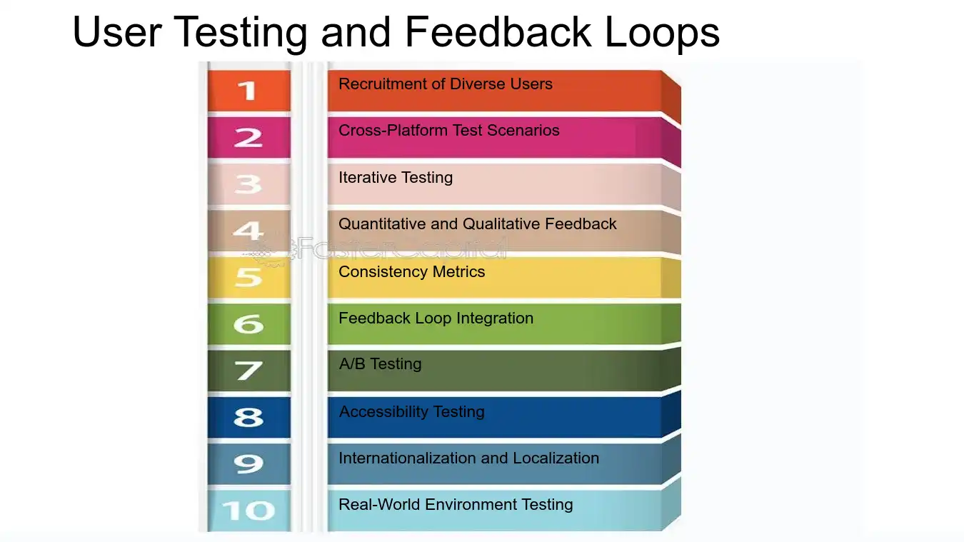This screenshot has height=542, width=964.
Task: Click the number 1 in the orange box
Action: coord(247,91)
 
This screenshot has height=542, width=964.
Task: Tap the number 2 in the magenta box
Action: coord(248,137)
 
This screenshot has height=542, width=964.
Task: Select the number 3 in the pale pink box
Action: coord(248,184)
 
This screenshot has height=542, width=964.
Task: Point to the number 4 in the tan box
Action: coord(248,231)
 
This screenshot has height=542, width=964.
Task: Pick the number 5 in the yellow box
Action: coord(248,277)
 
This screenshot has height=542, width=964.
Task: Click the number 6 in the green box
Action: coord(248,324)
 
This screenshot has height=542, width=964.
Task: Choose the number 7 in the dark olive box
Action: coord(248,371)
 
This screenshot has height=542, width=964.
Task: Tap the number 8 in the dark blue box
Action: coord(248,417)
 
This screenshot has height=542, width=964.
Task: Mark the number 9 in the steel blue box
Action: coord(248,464)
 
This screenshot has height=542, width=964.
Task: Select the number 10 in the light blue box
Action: coord(248,511)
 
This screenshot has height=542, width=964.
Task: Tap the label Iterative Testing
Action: coord(396,177)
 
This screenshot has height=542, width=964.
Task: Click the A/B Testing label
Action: coord(381,364)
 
